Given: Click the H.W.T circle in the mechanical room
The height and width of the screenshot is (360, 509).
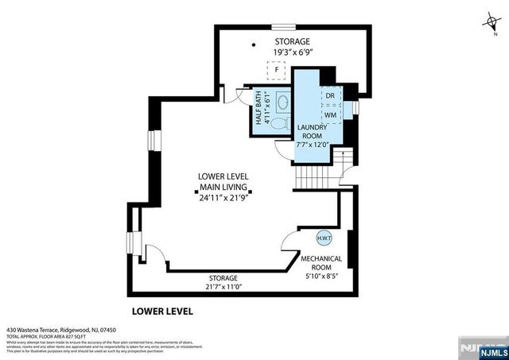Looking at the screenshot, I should (x=324, y=238).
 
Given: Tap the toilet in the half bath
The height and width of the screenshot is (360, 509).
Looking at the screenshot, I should (x=278, y=123).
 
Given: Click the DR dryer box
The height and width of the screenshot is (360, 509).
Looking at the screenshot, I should (x=330, y=95).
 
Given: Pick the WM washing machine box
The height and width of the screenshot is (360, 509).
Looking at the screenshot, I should (x=330, y=116).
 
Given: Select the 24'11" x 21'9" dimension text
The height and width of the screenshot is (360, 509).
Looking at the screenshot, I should (x=223, y=200).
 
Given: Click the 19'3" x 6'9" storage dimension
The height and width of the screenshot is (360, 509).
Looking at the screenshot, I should (x=292, y=52).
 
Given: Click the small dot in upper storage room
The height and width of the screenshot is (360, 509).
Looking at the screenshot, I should (x=254, y=44).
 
